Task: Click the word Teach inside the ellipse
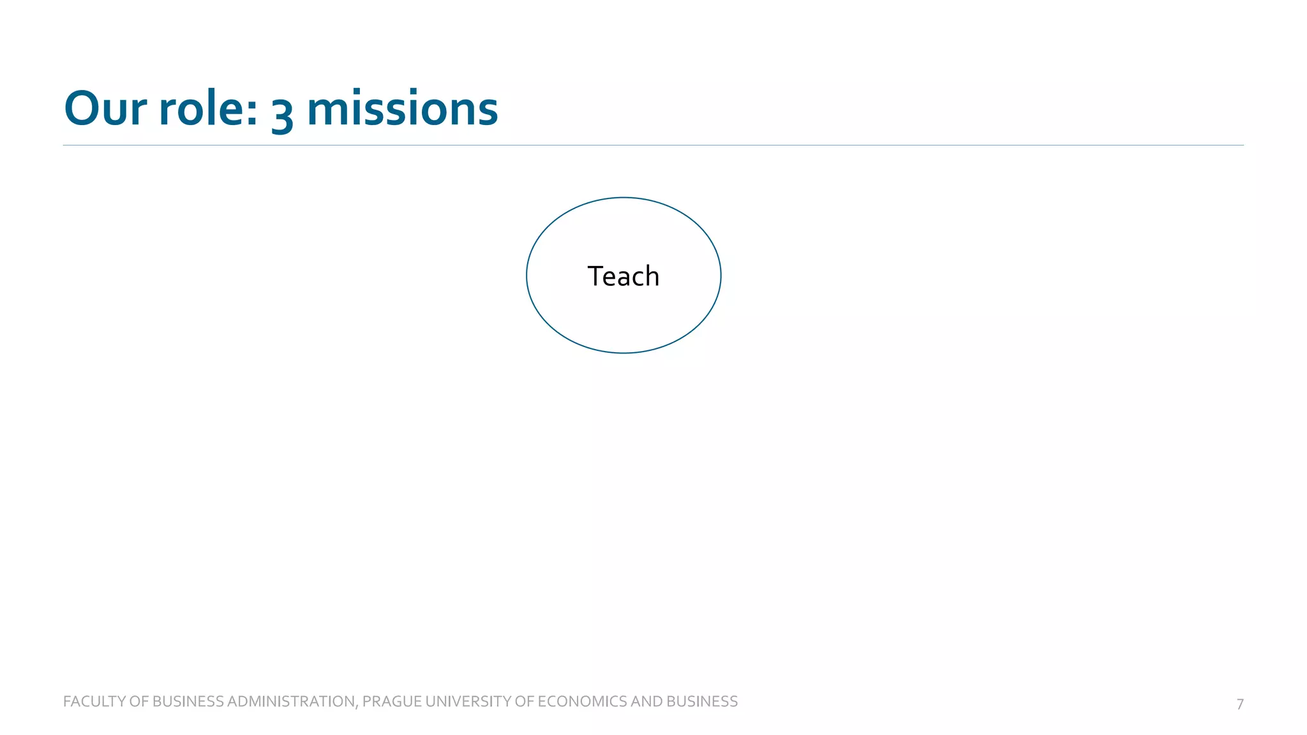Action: point(623,276)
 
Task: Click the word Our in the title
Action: point(105,108)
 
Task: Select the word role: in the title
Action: point(208,108)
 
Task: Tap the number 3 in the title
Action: point(282,114)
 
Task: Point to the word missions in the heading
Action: point(402,108)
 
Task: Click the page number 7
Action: point(1240,704)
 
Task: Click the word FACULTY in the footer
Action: point(94,701)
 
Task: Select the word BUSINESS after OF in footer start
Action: point(188,701)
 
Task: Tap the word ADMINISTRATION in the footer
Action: point(291,701)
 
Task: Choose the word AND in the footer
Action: point(646,701)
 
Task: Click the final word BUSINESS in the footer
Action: point(702,701)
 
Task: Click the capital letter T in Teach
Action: point(595,276)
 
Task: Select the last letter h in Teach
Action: point(652,276)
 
